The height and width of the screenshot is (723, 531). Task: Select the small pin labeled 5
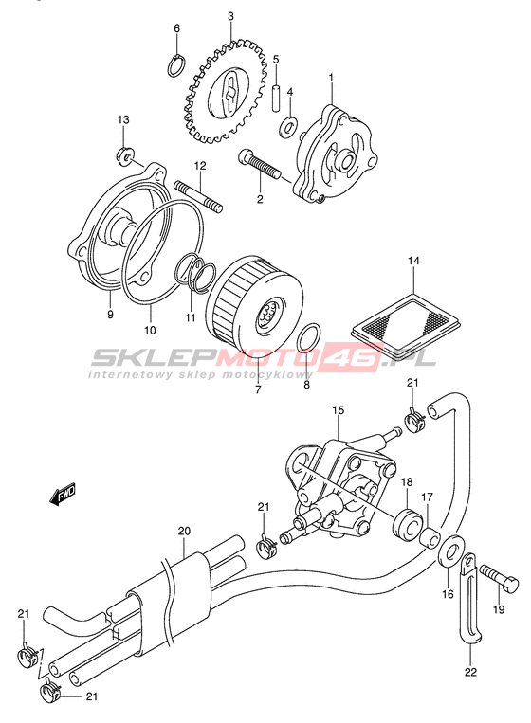point(276,97)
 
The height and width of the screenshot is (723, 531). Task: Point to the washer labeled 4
point(288,127)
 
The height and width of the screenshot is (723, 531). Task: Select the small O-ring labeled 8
point(308,337)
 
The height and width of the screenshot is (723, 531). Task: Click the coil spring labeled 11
point(196,275)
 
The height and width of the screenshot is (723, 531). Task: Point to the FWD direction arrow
point(63,496)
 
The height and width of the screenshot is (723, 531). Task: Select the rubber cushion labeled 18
point(407,523)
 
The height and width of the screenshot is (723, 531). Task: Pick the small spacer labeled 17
point(430,538)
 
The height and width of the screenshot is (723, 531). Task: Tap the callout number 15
point(338,410)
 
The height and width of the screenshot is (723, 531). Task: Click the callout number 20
point(184,532)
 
